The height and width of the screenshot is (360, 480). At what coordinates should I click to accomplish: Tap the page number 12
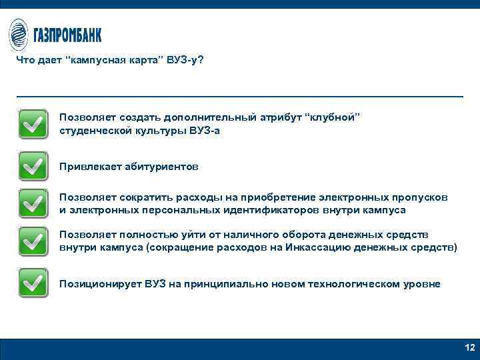point(469,348)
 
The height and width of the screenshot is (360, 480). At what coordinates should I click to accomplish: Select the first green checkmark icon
point(33,123)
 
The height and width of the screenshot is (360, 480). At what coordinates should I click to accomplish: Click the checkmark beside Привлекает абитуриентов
point(33,166)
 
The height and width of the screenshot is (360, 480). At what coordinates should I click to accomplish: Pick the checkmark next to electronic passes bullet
point(33,203)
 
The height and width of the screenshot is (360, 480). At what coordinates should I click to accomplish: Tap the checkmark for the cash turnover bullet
point(33,241)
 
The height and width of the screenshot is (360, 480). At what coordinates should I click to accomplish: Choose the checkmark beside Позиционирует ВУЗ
point(33,283)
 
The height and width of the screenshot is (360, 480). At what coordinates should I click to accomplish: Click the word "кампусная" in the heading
point(95,61)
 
